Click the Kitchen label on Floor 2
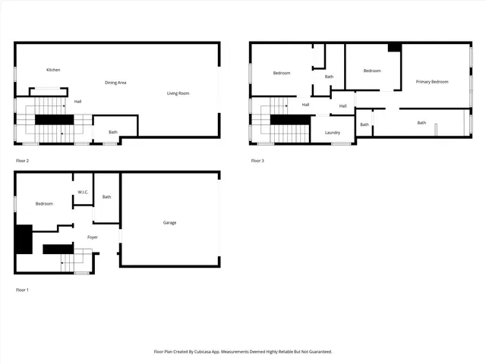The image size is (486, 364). coord(53,70)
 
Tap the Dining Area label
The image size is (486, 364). coord(115,82)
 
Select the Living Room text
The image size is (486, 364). coord(178,93)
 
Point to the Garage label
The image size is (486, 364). coord(169,222)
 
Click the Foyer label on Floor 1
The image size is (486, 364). coord(93,237)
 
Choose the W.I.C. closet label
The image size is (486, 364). coord(83,192)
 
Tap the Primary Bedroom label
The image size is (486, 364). coord(431,81)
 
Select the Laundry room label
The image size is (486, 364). coord(333,133)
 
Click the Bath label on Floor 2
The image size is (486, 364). coord(113,132)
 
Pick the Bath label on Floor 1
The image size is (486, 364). coord(107,196)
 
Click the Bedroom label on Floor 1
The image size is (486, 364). coord(44,203)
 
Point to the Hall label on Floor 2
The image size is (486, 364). coord(77,101)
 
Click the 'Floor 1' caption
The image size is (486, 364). coord(22,290)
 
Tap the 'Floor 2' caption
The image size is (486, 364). coord(22,160)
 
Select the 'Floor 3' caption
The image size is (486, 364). coord(257,160)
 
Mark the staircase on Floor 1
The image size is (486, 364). coord(77,262)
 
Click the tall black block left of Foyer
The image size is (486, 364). coord(23,240)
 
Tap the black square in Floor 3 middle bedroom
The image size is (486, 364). coord(394,47)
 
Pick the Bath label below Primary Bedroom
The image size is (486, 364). coord(421,123)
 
